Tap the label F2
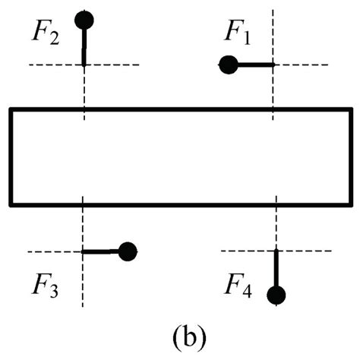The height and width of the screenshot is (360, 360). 47,34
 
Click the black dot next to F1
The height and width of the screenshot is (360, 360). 227,65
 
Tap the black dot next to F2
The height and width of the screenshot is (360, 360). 84,20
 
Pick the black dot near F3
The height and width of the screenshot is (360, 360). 127,251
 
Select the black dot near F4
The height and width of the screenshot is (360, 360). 276,295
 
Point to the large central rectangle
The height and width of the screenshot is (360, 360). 180,156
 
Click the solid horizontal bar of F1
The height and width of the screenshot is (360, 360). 254,65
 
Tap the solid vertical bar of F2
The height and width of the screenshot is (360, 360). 84,46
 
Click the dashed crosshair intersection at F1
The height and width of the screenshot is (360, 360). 273,65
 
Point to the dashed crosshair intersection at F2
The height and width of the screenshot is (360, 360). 84,65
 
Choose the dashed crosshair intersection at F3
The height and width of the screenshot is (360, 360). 82,251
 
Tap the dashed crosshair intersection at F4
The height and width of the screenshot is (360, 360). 276,251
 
